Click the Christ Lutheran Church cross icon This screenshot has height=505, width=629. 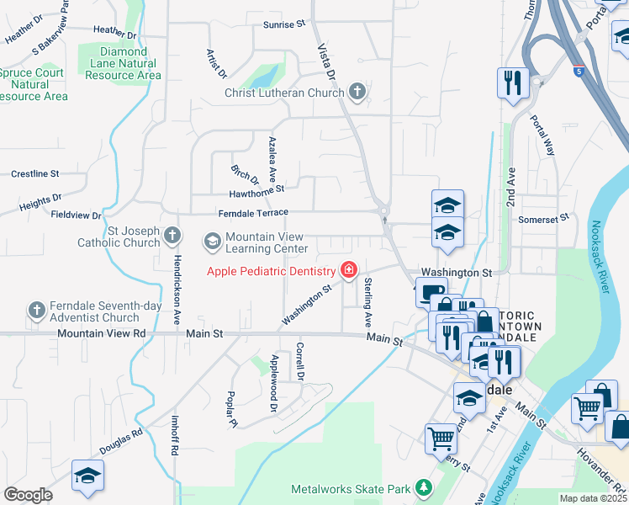357,93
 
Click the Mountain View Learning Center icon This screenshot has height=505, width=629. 212,242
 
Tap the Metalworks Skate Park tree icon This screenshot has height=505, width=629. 424,488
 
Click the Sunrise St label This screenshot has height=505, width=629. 283,25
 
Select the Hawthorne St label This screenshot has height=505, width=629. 257,191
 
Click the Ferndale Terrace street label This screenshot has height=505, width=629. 253,214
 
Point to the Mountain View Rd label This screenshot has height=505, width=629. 102,334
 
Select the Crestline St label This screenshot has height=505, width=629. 34,174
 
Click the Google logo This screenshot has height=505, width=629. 28,495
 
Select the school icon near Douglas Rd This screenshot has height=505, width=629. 87,476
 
